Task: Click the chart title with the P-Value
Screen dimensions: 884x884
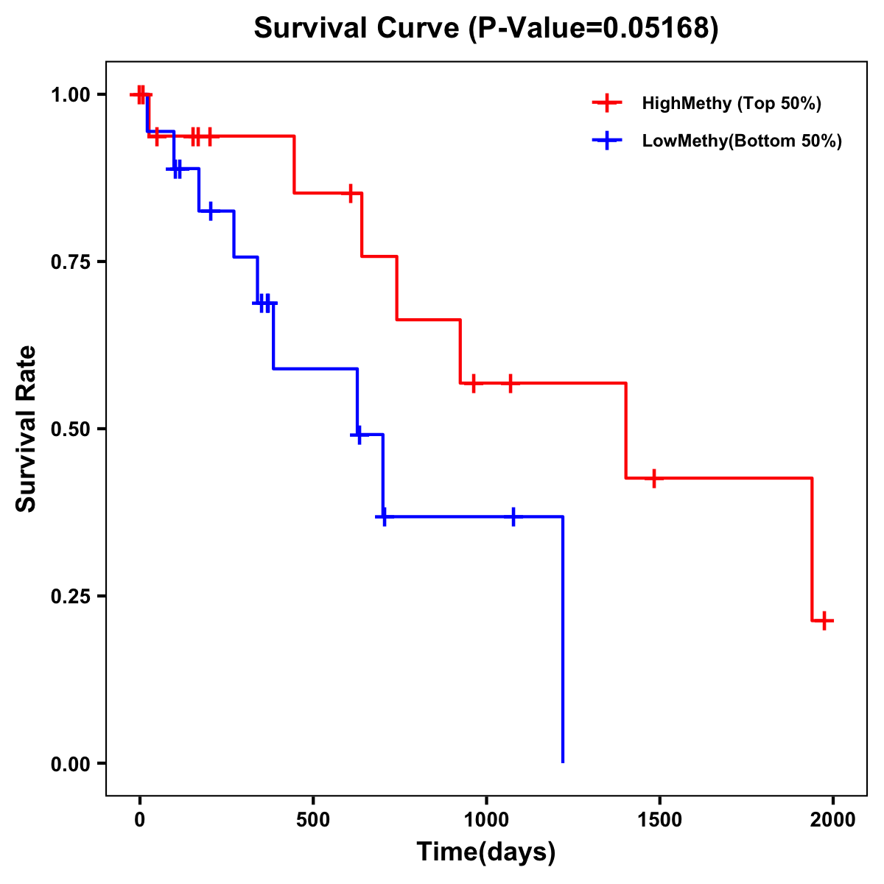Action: (485, 28)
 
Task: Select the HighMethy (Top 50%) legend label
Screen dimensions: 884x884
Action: (732, 103)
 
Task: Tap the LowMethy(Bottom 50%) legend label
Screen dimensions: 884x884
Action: (742, 141)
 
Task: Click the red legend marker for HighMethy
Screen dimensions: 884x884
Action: (607, 103)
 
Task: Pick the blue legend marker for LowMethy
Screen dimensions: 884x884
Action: (607, 141)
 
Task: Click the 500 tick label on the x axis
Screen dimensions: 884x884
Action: (313, 820)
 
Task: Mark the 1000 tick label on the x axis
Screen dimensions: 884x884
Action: (486, 820)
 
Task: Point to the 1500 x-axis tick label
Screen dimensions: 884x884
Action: (659, 820)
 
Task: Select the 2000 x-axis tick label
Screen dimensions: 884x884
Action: (833, 820)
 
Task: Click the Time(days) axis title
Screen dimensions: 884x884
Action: (486, 852)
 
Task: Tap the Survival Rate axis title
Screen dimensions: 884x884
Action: (27, 429)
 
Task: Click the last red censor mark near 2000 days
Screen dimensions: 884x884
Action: (824, 621)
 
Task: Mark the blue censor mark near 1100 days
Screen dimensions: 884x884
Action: (513, 517)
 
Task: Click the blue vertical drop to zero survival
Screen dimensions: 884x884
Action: (563, 641)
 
